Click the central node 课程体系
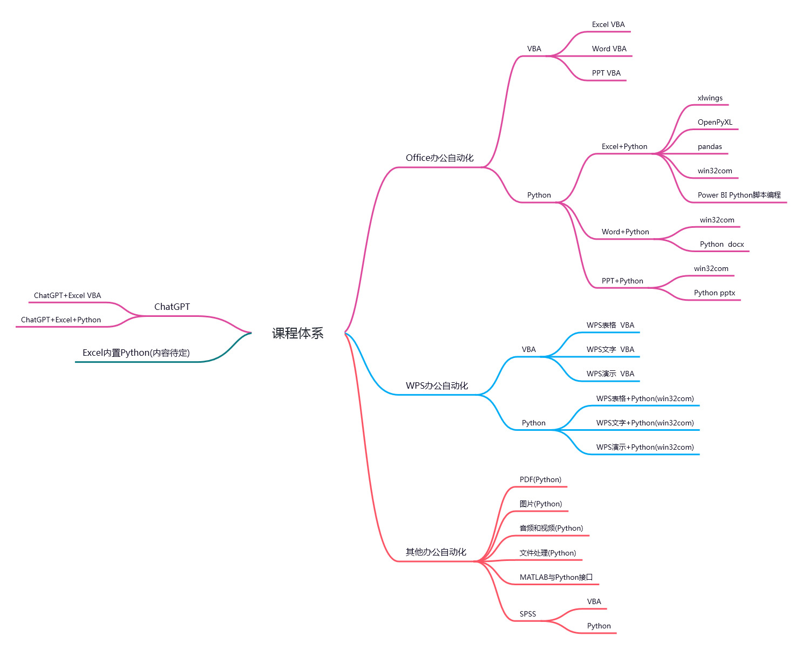click(297, 333)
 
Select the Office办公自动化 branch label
click(439, 158)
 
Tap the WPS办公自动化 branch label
click(437, 385)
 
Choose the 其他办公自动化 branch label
click(436, 552)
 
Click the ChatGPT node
click(172, 307)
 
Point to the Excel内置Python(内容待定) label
click(136, 353)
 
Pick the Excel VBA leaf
click(608, 24)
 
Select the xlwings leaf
click(710, 98)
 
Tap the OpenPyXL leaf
click(715, 122)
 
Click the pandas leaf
click(709, 146)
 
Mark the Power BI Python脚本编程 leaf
click(739, 195)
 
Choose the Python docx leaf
click(722, 244)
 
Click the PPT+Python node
click(622, 281)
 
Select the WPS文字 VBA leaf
click(610, 349)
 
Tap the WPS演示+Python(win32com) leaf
click(644, 447)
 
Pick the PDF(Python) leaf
click(540, 479)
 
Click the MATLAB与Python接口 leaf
click(556, 577)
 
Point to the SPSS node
click(528, 614)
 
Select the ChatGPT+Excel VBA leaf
click(67, 295)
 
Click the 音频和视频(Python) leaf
click(551, 528)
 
